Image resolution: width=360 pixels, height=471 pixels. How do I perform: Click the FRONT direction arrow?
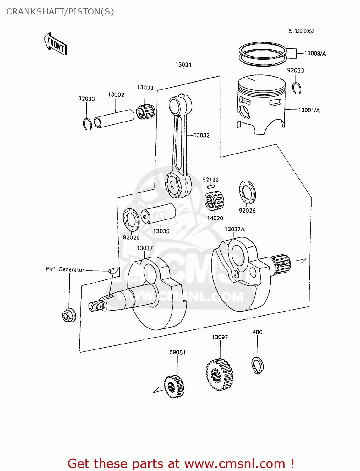pyautogui.click(x=55, y=44)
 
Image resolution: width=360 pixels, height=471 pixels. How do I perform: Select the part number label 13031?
pyautogui.click(x=183, y=65)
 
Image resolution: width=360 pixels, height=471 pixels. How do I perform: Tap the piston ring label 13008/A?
pyautogui.click(x=315, y=53)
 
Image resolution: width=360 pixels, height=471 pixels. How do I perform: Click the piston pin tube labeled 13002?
pyautogui.click(x=114, y=118)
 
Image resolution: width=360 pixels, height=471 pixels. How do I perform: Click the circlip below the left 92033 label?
pyautogui.click(x=87, y=124)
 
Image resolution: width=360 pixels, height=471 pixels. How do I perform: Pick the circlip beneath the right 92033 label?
pyautogui.click(x=296, y=88)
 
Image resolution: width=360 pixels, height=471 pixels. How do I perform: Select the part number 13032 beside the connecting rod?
pyautogui.click(x=201, y=135)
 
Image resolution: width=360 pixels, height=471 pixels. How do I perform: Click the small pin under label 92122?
pyautogui.click(x=211, y=187)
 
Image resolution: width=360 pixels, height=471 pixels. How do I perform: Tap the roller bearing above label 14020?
pyautogui.click(x=214, y=201)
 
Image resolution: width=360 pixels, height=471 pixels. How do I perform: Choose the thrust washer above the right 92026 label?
pyautogui.click(x=247, y=192)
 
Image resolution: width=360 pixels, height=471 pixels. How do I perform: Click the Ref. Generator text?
pyautogui.click(x=65, y=269)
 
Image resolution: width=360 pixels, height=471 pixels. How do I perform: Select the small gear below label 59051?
pyautogui.click(x=174, y=387)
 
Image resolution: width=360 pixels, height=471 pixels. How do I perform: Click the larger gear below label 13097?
pyautogui.click(x=220, y=374)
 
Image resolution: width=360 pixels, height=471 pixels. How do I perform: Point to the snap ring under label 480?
pyautogui.click(x=257, y=365)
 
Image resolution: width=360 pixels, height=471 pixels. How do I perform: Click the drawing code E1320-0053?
pyautogui.click(x=301, y=31)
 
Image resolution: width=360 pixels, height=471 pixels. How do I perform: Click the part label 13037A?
pyautogui.click(x=234, y=229)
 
